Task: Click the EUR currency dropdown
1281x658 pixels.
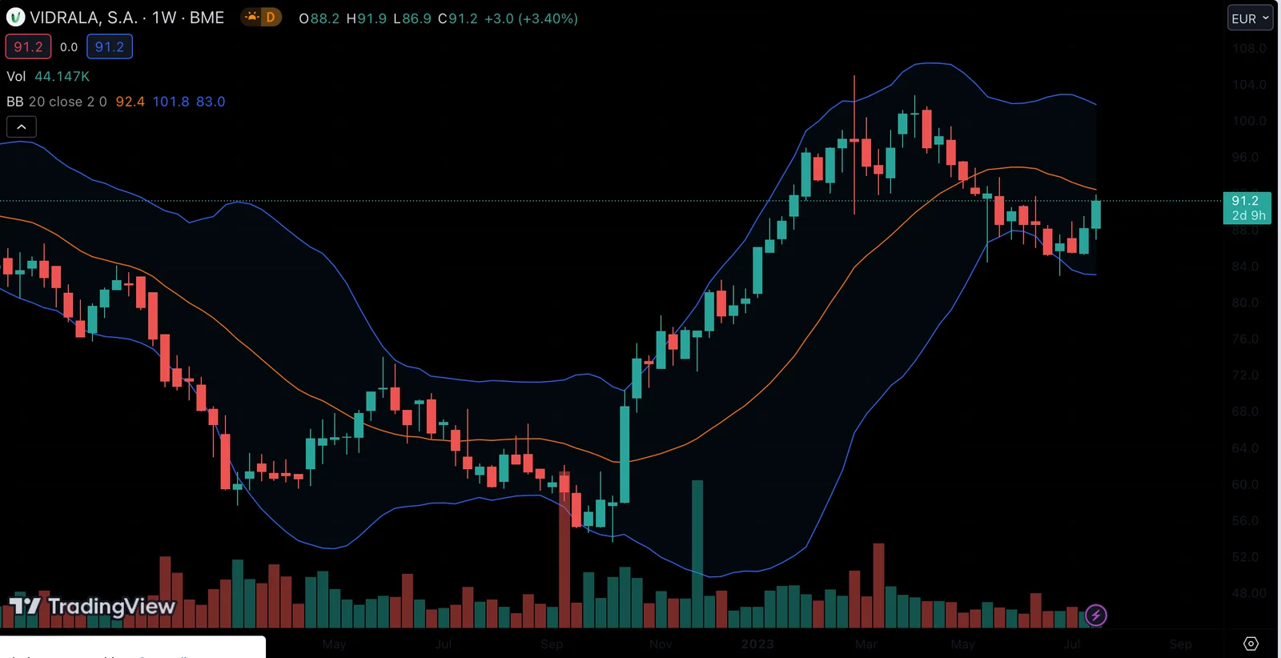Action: (1249, 18)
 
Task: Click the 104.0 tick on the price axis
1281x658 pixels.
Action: (1248, 85)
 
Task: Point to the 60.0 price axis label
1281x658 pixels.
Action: (1248, 484)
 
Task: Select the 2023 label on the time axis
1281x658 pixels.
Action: (757, 644)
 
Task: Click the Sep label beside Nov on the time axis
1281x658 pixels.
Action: (552, 644)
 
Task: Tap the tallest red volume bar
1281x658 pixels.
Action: (564, 552)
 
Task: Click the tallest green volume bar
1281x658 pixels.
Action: (697, 552)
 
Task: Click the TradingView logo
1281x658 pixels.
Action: (92, 607)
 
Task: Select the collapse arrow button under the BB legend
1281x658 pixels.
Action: (22, 126)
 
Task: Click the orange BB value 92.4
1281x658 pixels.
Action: (130, 102)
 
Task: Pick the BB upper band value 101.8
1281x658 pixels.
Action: (171, 102)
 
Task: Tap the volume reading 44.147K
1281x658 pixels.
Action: (62, 76)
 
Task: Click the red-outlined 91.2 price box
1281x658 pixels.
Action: (28, 46)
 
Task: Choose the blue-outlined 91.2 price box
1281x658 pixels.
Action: (109, 46)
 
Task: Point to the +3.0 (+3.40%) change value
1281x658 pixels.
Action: (531, 18)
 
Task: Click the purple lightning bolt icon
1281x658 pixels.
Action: (1095, 615)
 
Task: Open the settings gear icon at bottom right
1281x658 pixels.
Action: (1251, 644)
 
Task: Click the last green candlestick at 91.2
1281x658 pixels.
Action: (1095, 215)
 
